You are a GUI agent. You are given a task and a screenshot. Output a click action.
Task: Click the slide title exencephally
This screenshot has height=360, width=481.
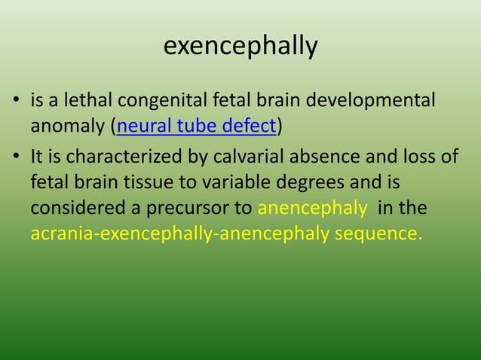(x=240, y=47)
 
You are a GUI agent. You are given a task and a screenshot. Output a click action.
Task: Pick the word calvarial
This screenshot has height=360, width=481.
(x=221, y=158)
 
